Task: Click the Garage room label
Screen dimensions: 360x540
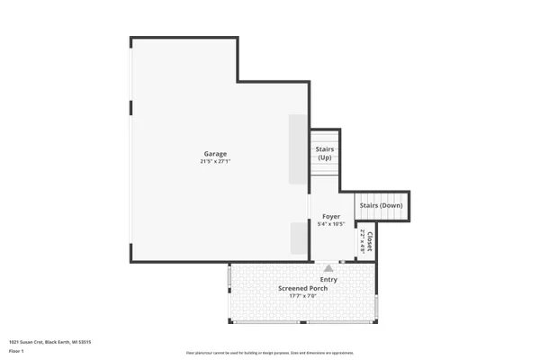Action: click(215, 154)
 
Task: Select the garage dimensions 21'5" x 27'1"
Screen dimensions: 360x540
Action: click(215, 161)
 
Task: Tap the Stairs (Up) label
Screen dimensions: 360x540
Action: click(325, 153)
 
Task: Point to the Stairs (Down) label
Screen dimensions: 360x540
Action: click(381, 205)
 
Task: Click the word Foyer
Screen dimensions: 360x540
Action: click(330, 217)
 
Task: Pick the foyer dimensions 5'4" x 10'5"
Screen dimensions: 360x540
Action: click(330, 224)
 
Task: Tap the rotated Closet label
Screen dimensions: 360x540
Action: click(369, 241)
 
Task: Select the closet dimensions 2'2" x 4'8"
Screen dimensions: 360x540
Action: click(362, 241)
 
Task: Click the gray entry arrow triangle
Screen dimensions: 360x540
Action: click(328, 267)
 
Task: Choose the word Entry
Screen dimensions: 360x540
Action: click(328, 280)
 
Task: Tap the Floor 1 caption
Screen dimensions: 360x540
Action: click(16, 350)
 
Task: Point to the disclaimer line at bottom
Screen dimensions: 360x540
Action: click(270, 353)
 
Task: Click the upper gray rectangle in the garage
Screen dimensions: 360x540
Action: click(298, 148)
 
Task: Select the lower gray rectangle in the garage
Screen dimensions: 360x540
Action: click(298, 239)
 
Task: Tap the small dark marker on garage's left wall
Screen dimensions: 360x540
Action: click(131, 108)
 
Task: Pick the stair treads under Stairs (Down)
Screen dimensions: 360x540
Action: click(381, 216)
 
